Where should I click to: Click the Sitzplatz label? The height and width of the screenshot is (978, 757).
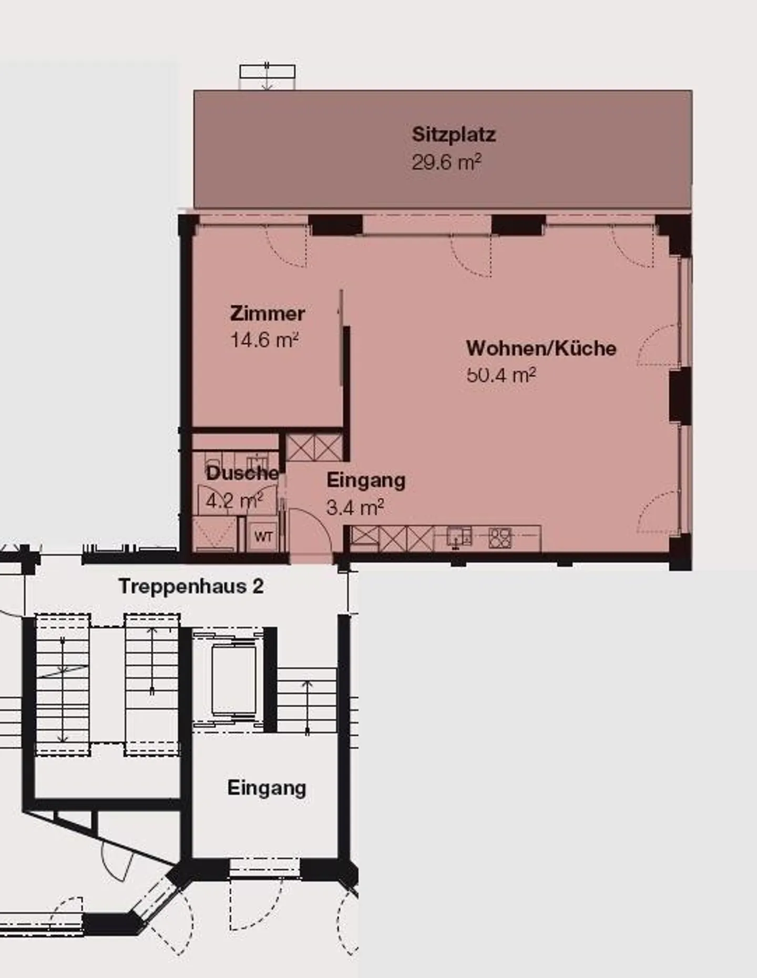click(x=454, y=135)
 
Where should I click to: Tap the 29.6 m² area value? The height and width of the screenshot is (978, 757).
click(x=446, y=162)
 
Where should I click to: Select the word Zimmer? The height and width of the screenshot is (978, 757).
click(x=268, y=314)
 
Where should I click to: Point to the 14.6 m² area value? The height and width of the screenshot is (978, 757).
click(x=265, y=340)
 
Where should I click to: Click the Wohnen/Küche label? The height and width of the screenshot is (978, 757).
click(x=541, y=348)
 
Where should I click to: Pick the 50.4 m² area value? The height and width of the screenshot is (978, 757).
click(x=501, y=375)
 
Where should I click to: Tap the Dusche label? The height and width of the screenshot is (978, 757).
click(x=242, y=473)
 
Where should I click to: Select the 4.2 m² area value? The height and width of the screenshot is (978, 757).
click(x=234, y=500)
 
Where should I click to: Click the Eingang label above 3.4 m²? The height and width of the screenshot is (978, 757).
click(x=366, y=481)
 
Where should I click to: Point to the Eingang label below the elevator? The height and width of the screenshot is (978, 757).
click(x=267, y=788)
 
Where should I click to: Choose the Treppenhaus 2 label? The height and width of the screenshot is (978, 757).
click(x=191, y=586)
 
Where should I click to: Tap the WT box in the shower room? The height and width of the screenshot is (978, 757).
click(x=263, y=536)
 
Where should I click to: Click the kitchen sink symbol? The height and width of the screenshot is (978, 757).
click(x=459, y=537)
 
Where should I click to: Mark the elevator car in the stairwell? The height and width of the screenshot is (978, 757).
click(x=233, y=680)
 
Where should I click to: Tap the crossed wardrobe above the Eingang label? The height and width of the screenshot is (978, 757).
click(x=314, y=448)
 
